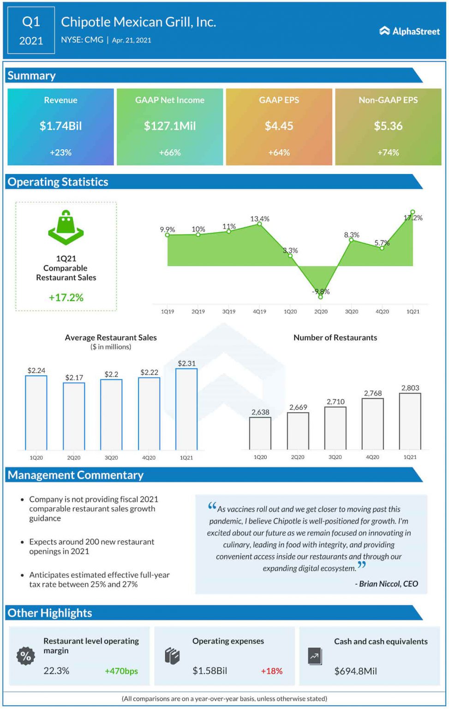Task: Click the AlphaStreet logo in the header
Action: pos(409,31)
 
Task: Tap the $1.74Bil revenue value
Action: pos(60,126)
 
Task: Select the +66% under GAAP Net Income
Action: pos(169,152)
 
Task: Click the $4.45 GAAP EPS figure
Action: pos(279,126)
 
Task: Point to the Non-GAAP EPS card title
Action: pos(388,100)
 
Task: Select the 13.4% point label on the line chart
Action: pos(259,219)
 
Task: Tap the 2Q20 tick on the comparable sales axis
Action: pos(321,312)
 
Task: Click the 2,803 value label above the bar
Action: pos(410,388)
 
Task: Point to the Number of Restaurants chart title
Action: pos(335,337)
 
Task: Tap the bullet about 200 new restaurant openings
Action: pos(91,547)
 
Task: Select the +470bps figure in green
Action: pos(121,671)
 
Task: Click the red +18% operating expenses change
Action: pos(271,671)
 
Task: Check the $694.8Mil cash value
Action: pos(355,671)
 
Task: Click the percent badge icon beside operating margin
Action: pos(26,656)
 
